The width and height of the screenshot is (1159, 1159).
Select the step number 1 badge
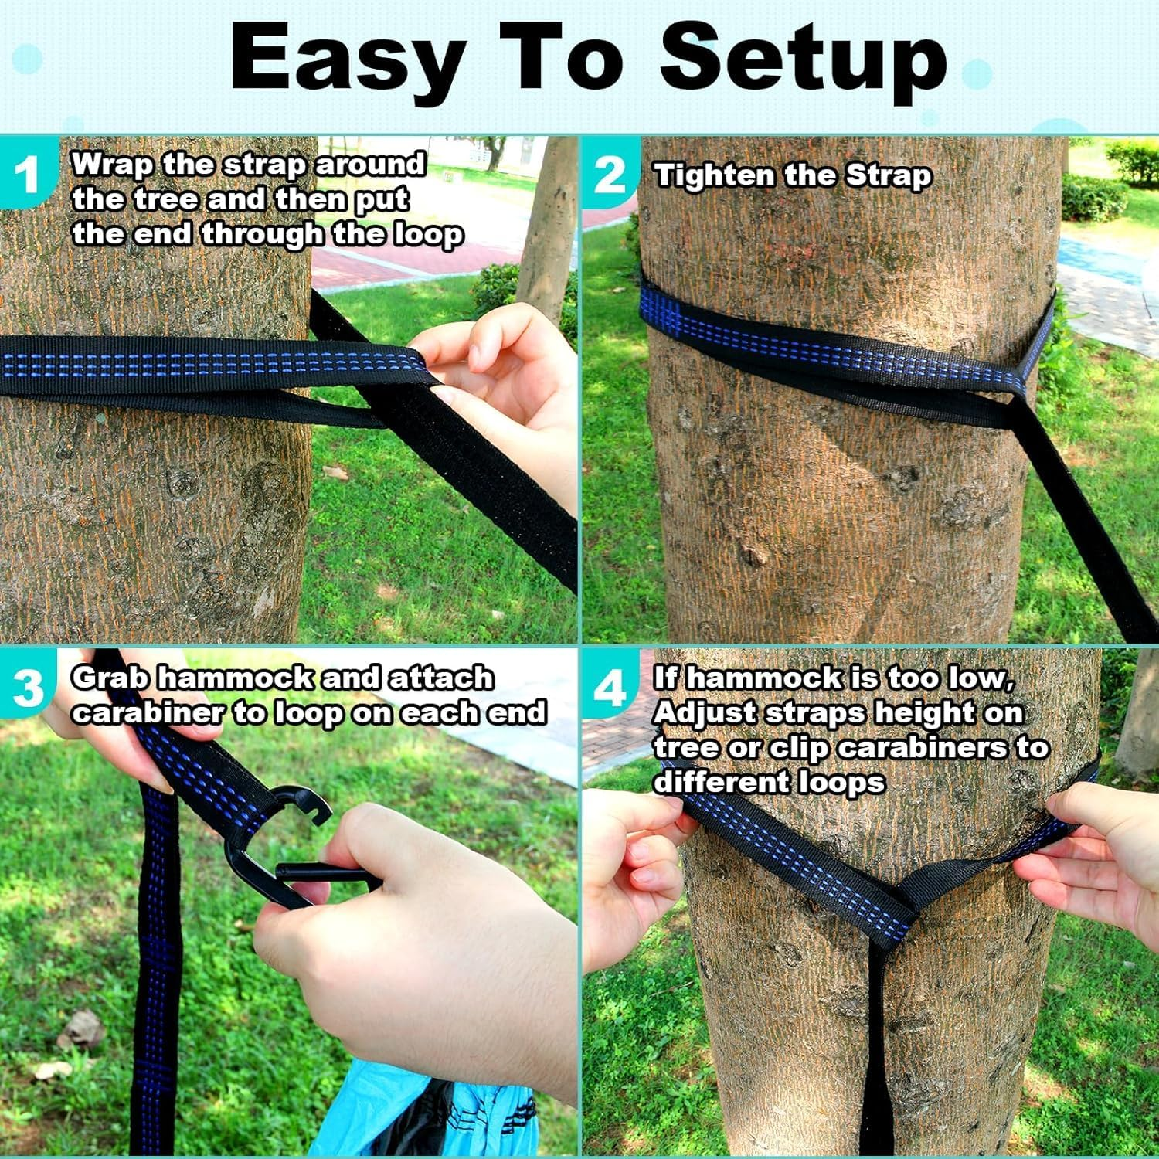click(27, 174)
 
